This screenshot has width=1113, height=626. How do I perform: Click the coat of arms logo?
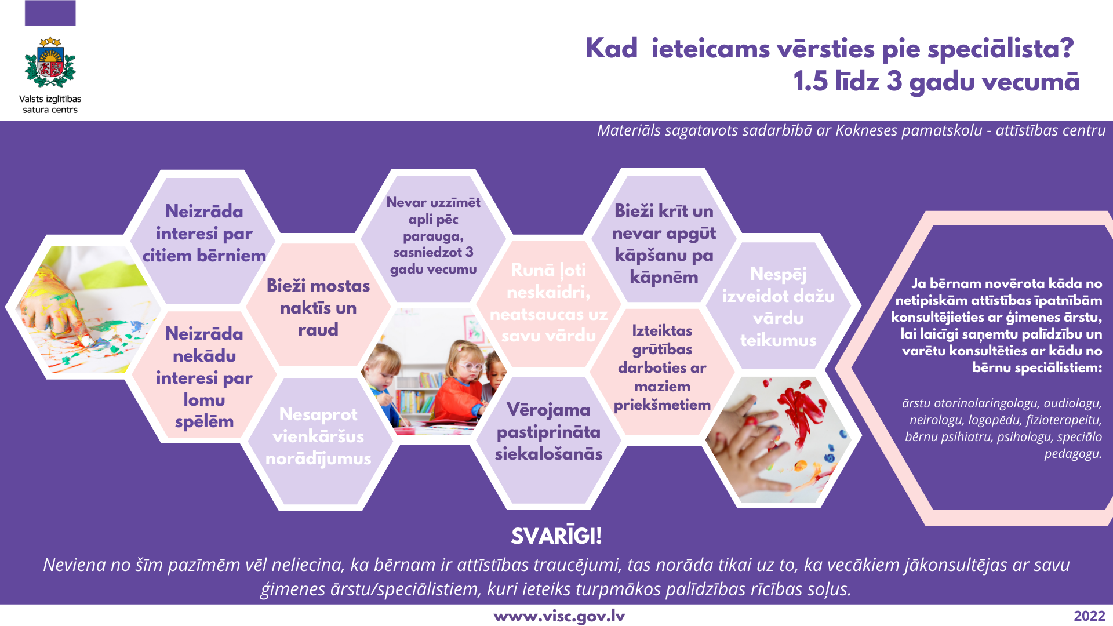click(50, 63)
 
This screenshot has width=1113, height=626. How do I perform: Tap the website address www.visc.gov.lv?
click(559, 616)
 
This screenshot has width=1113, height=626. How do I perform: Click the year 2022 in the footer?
click(1089, 616)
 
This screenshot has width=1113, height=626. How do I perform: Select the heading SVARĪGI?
click(556, 536)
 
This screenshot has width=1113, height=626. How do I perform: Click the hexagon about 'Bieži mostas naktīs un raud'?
click(318, 305)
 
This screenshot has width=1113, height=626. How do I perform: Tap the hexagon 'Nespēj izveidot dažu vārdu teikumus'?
click(779, 305)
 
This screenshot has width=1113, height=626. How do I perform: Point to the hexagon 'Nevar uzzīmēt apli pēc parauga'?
click(434, 238)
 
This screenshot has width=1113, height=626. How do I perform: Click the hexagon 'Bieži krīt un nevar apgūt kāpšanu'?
click(664, 238)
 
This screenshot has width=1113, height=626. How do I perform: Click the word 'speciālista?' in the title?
click(1001, 49)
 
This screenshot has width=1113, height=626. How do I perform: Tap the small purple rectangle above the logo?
click(50, 13)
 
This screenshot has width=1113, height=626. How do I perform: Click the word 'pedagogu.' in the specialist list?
click(1073, 454)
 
